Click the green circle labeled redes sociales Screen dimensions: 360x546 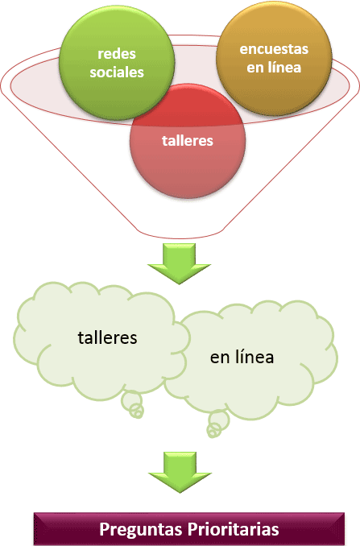[x=117, y=63]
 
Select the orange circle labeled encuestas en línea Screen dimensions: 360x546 [x=274, y=58]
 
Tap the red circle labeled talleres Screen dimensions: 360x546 [x=188, y=141]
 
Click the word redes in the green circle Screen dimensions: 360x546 [x=117, y=54]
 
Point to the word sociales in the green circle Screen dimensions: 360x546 [x=117, y=72]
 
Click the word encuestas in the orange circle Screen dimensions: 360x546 [x=274, y=49]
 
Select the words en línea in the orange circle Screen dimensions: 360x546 [x=274, y=67]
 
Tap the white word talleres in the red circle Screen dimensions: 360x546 [x=188, y=141]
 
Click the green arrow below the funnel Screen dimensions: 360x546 [x=180, y=263]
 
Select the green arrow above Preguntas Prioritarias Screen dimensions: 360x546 [x=180, y=472]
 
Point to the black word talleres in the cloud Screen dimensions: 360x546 [x=107, y=337]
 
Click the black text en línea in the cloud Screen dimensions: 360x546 [x=242, y=358]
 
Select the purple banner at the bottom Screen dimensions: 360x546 [x=189, y=529]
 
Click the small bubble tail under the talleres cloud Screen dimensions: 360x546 [x=132, y=404]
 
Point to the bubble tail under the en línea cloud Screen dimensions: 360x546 [x=217, y=424]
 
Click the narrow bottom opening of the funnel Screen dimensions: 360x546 [x=180, y=234]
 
